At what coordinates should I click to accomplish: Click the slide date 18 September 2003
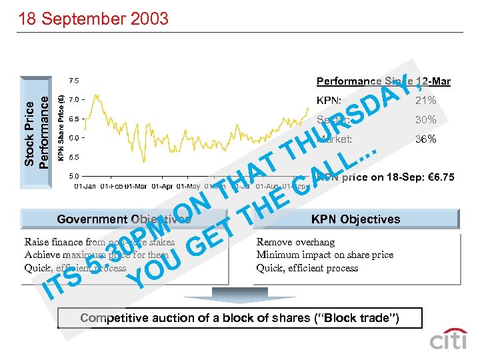(93, 17)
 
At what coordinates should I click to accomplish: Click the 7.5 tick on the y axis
(73, 81)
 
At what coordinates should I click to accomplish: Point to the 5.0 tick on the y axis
(73, 177)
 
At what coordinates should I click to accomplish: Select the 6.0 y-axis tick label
(73, 138)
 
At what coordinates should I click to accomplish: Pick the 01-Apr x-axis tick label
(163, 185)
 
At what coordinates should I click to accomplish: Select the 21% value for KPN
(425, 101)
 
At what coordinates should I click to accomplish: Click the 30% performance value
(425, 120)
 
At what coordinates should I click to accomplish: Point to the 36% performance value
(425, 139)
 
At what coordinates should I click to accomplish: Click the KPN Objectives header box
(355, 219)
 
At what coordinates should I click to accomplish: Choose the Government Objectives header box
(124, 219)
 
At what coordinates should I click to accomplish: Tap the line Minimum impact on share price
(325, 255)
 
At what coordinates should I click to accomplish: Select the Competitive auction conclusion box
(239, 318)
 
